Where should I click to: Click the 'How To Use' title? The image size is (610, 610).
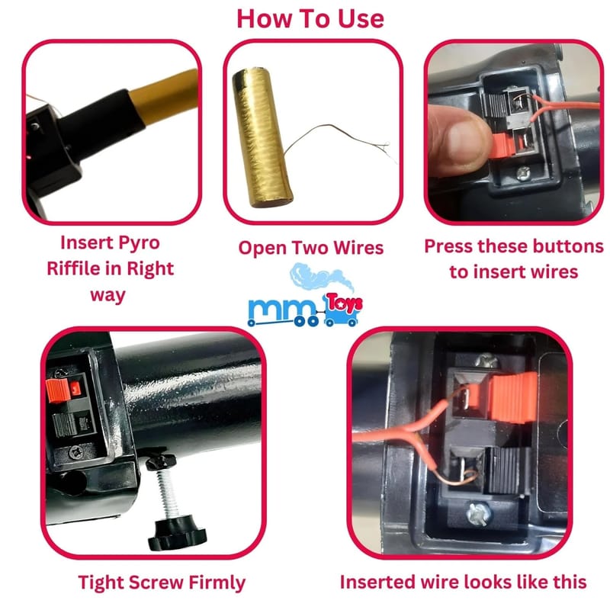tap(310, 18)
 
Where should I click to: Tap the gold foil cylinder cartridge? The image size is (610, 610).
tap(262, 137)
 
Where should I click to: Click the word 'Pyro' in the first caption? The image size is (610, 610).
tap(138, 243)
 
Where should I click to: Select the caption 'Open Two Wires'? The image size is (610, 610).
tap(311, 248)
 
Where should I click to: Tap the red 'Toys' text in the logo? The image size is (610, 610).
tap(345, 303)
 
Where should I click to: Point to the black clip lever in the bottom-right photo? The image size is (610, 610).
tap(507, 470)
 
